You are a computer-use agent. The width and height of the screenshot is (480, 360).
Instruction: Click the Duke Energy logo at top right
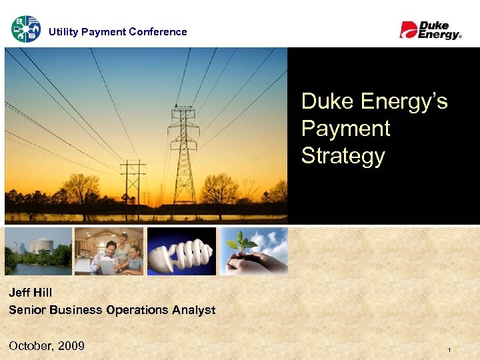coord(430,30)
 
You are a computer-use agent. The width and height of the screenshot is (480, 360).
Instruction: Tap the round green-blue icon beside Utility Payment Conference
coord(25,29)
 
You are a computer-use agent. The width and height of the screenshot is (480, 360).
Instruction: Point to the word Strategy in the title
coord(343,155)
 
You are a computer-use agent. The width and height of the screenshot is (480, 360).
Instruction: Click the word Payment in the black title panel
coord(345,128)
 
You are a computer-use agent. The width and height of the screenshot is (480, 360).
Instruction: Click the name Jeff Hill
coord(31,293)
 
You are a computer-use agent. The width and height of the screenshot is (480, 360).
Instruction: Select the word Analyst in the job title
coord(195,309)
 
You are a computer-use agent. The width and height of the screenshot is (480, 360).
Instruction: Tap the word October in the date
coord(31,345)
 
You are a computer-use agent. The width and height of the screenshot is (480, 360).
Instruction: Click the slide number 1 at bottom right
coord(449,351)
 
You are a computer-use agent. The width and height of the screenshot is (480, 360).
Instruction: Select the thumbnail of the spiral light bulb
coord(181,251)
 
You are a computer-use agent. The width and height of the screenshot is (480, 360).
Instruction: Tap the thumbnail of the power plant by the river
coord(38,251)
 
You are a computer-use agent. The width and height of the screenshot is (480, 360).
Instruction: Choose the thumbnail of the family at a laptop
coord(109,251)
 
